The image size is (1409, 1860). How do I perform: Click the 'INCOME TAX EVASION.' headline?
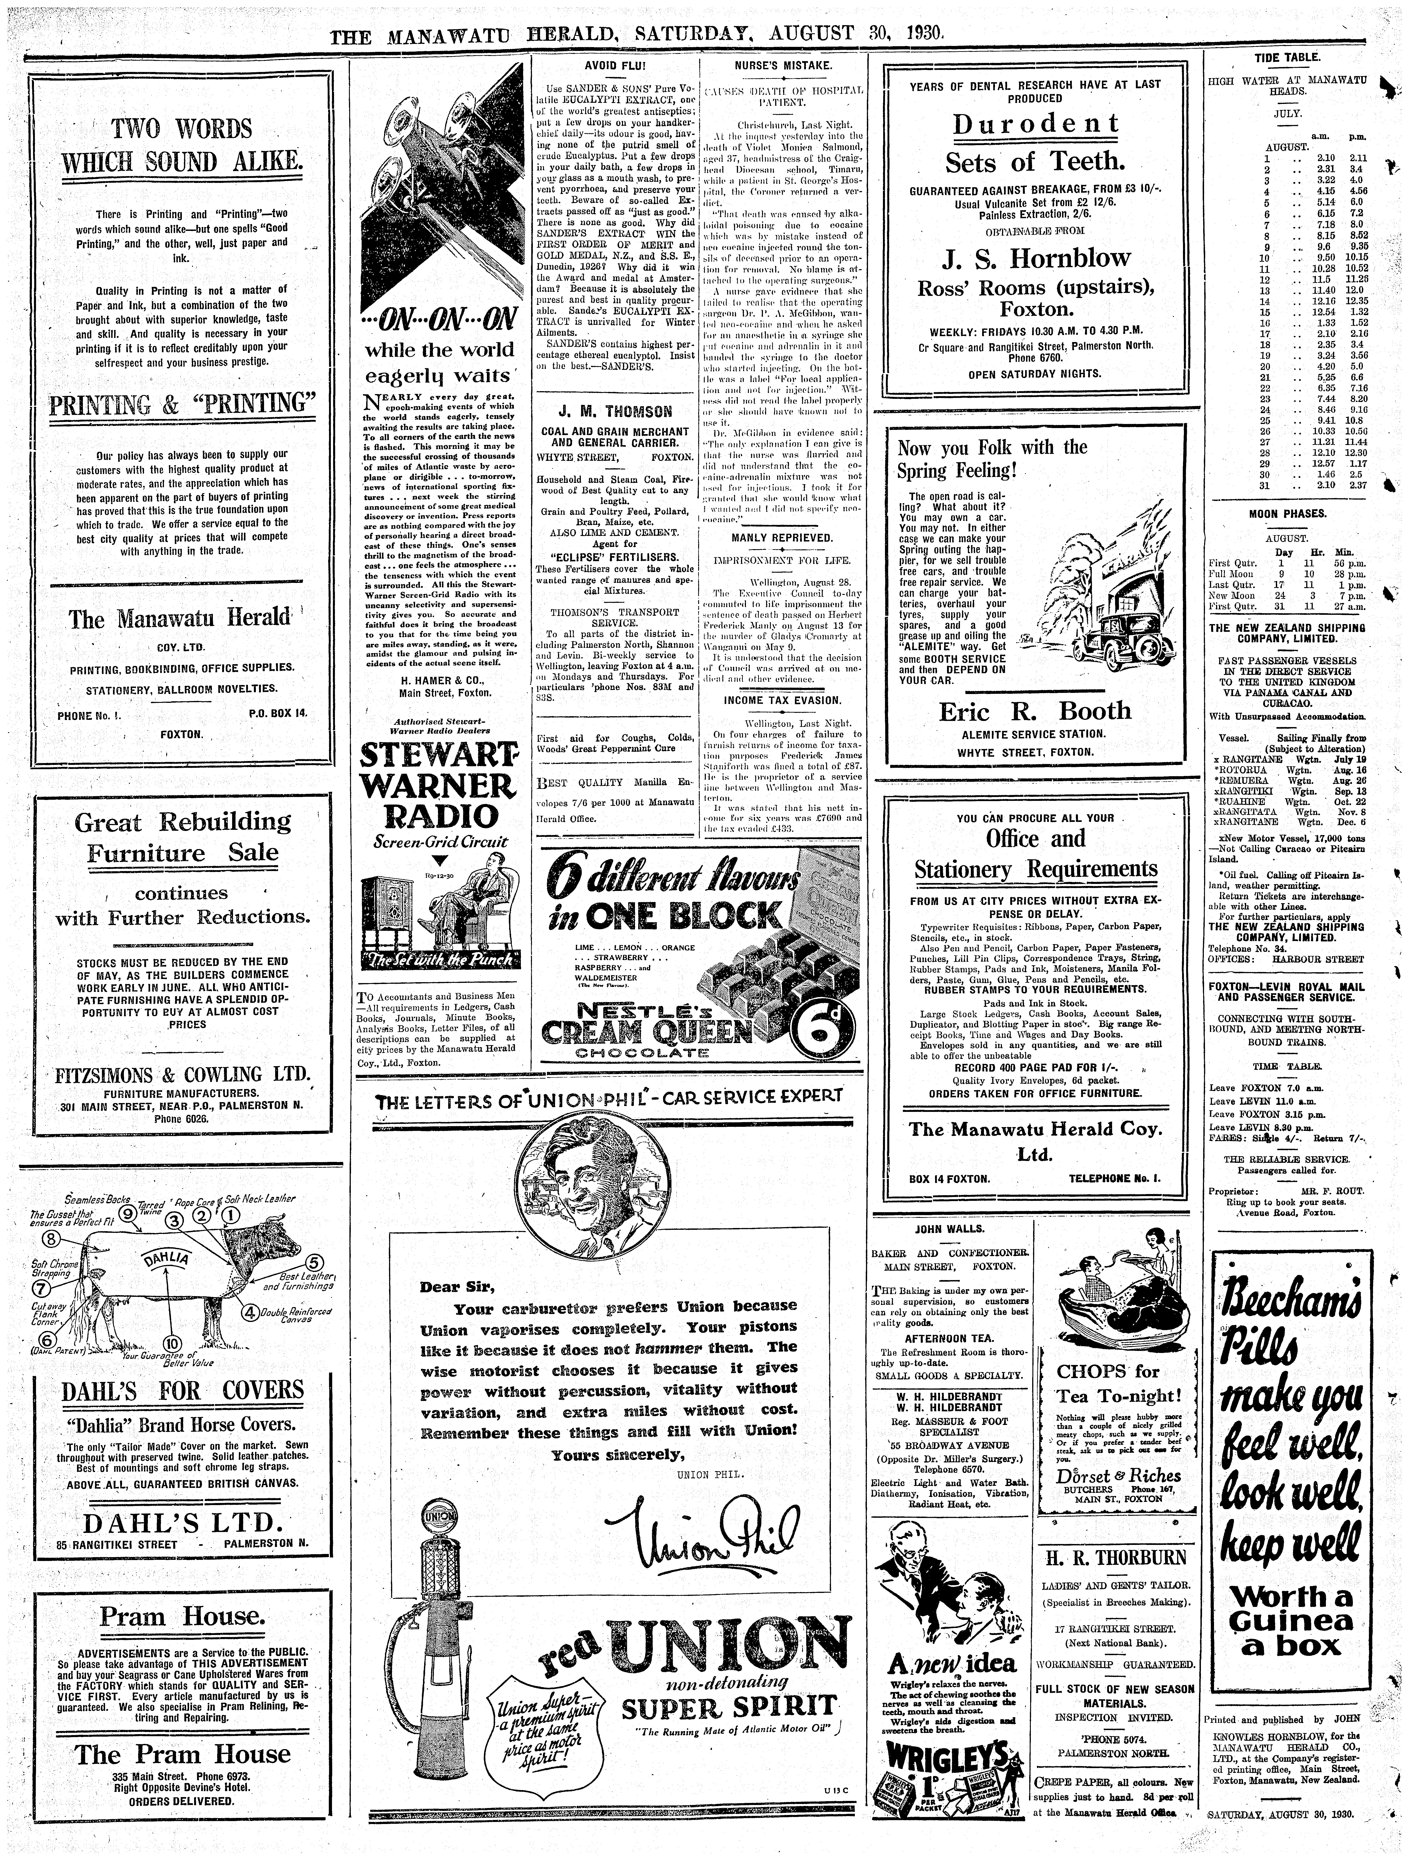(781, 700)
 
